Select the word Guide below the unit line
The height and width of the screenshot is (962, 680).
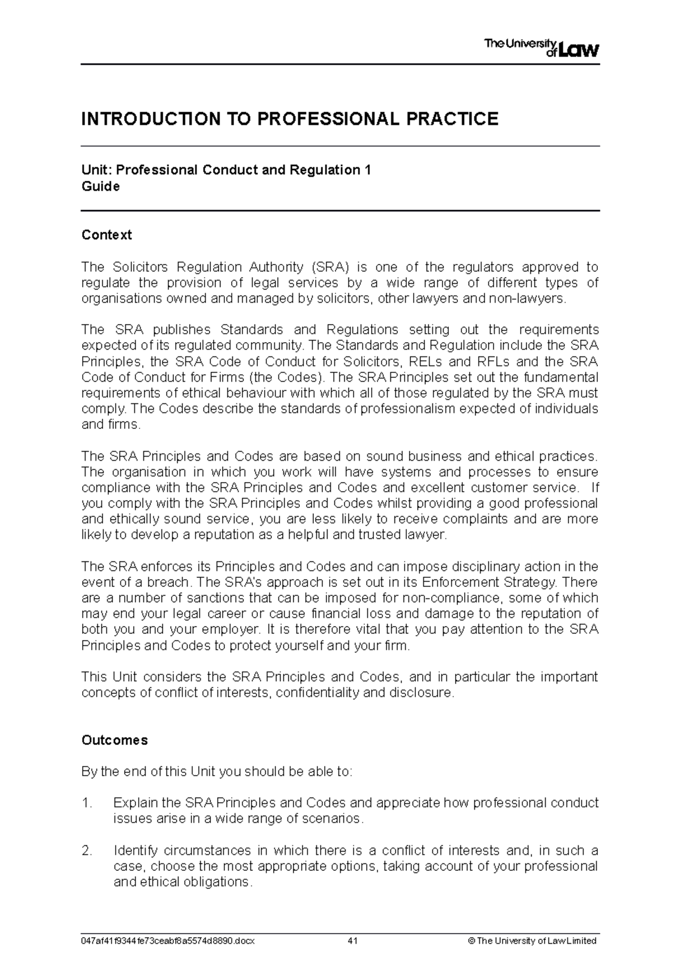(100, 186)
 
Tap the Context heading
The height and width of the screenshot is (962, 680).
(107, 235)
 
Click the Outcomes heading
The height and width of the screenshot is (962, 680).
(114, 740)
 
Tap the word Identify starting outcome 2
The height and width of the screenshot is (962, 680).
(135, 850)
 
